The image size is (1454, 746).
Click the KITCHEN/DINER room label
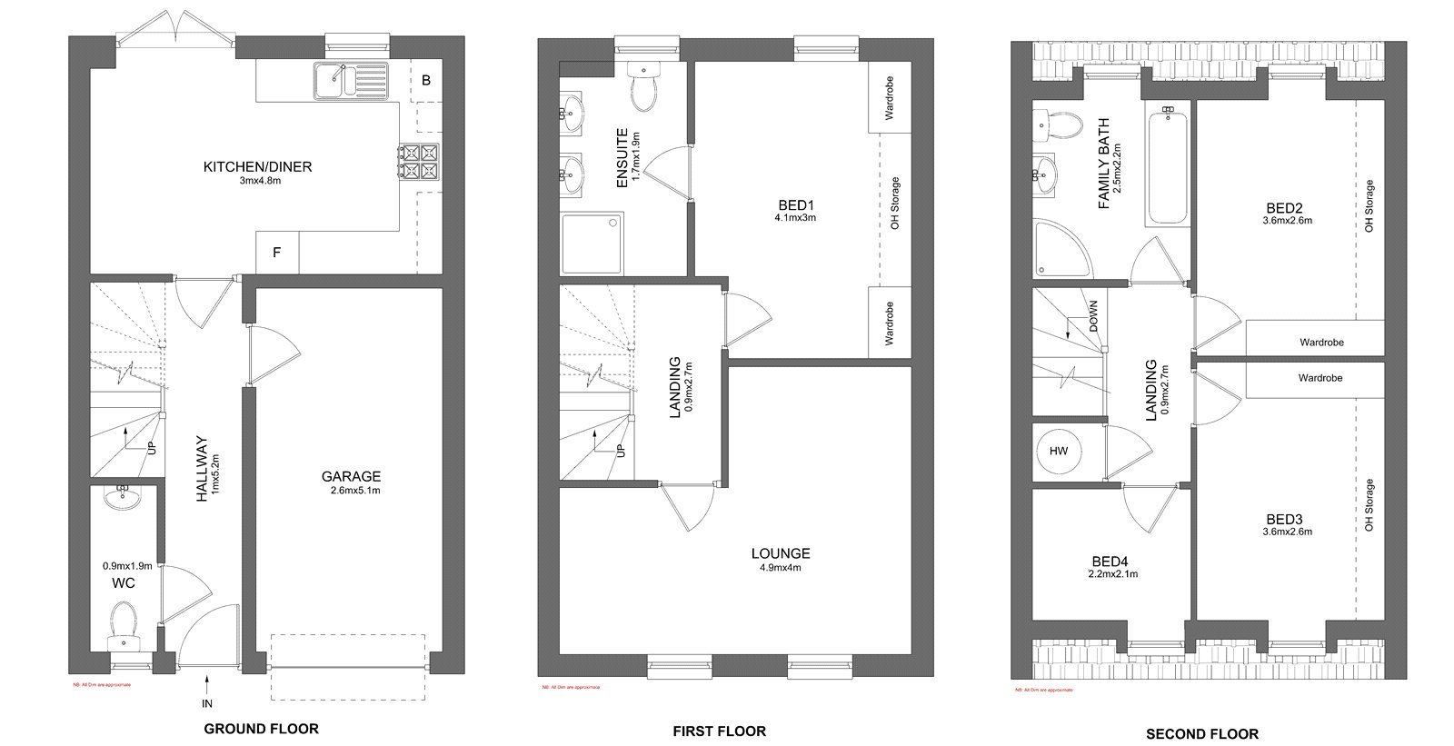(257, 166)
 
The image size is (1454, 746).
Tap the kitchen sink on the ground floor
(351, 80)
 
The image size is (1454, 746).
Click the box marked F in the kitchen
(277, 253)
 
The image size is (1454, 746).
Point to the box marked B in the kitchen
(426, 80)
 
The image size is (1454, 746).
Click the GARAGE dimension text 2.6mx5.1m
(350, 491)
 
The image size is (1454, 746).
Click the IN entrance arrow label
(208, 703)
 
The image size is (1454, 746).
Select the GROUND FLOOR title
(261, 729)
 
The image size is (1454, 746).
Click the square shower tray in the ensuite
(592, 243)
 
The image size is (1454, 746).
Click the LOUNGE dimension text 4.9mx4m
(781, 568)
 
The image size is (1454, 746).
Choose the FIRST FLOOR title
(719, 731)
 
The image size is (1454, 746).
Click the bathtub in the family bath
(1167, 165)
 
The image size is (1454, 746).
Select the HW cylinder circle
(1059, 452)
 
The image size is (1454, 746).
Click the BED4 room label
(1110, 562)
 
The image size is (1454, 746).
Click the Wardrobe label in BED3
(1320, 378)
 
